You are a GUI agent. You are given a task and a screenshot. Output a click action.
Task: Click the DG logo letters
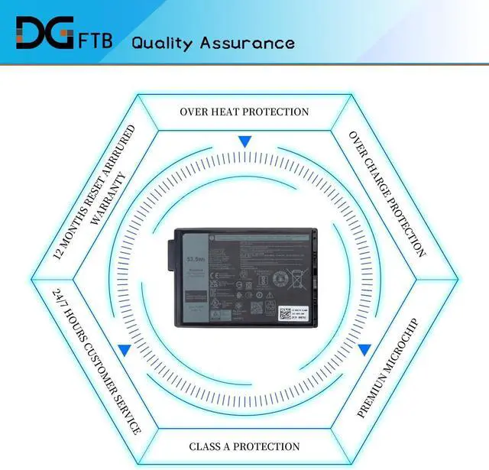41,34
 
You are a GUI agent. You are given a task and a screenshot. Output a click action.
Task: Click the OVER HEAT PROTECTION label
244,112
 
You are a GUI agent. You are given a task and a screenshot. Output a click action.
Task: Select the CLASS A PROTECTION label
244,446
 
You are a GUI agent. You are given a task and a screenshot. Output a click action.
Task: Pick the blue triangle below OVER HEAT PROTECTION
244,141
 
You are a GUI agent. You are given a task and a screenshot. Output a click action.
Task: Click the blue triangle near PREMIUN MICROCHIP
364,349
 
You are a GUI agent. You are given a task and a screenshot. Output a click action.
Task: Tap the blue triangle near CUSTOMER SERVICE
124,349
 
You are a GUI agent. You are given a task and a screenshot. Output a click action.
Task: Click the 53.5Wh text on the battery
196,259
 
